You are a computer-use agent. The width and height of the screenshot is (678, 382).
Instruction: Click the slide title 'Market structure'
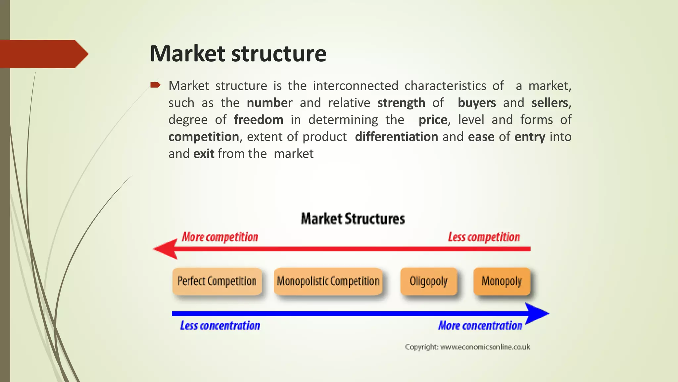pos(238,54)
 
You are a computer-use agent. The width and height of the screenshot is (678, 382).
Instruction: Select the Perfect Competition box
pos(217,281)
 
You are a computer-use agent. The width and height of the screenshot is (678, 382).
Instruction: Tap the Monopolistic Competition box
pos(328,281)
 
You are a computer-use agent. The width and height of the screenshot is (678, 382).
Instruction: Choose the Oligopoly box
pos(429,281)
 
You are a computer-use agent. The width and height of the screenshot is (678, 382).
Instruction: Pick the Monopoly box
pos(502,281)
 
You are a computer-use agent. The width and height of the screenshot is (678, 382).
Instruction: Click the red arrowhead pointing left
pos(166,249)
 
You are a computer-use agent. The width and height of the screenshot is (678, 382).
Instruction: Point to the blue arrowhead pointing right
pos(536,313)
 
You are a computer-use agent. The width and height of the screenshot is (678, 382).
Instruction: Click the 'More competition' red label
pos(220,237)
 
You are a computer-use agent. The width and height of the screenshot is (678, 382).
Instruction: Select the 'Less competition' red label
pos(484,237)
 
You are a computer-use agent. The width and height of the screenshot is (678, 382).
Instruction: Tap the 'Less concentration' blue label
pos(220,325)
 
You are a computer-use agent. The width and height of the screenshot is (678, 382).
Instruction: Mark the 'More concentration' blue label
pos(480,325)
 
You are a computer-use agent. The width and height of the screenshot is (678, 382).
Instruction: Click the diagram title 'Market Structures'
pos(353,219)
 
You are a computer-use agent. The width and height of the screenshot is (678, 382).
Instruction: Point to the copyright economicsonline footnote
pos(467,347)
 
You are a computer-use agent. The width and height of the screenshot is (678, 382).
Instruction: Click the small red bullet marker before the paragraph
pos(155,85)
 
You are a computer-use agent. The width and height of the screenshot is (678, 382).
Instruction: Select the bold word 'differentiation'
pos(396,137)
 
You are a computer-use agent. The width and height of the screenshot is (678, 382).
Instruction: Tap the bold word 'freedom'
pos(258,120)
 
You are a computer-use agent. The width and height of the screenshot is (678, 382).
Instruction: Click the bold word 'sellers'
pos(550,103)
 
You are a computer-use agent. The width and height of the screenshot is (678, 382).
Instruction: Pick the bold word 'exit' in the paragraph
pos(204,154)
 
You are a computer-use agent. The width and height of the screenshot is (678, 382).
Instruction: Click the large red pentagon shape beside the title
pos(43,54)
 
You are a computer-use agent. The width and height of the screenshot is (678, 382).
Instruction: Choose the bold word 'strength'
pos(401,103)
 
